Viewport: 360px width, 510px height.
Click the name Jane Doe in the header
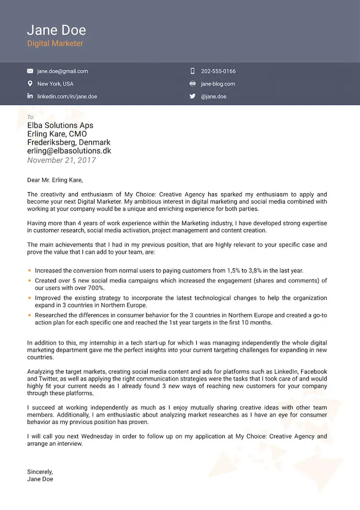[56, 30]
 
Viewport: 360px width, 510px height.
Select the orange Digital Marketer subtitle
[55, 44]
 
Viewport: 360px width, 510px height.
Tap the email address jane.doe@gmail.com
[63, 72]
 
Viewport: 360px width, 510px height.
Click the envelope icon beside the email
[30, 72]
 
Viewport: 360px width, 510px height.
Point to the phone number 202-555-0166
[218, 72]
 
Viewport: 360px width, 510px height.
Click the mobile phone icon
[193, 72]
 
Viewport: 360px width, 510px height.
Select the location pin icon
[30, 84]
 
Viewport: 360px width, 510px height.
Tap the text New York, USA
[55, 84]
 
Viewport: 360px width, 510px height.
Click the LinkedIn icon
[30, 97]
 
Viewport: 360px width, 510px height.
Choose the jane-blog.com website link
[218, 84]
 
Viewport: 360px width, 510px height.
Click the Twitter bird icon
[193, 97]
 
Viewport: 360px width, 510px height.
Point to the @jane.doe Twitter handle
[214, 97]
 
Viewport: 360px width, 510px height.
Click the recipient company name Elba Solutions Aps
[60, 125]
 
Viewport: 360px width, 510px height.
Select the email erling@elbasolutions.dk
[69, 151]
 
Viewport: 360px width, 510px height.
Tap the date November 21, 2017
[62, 160]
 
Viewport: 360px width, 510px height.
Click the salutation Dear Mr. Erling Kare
[55, 181]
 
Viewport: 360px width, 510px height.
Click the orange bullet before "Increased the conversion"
[30, 271]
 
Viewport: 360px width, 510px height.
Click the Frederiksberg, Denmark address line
[68, 143]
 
